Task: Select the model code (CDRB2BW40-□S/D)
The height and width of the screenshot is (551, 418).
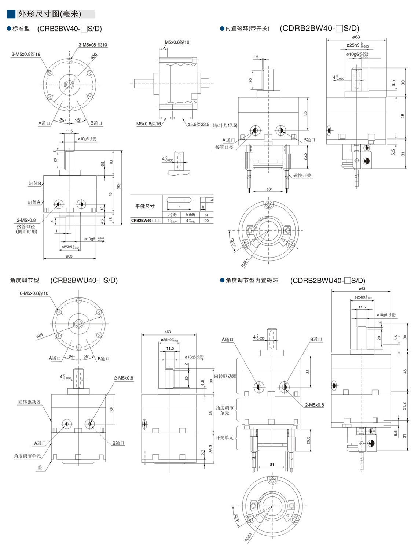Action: [x=319, y=28]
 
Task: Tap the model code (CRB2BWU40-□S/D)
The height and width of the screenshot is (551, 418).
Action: [x=84, y=280]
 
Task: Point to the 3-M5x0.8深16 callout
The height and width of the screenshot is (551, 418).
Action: [x=26, y=54]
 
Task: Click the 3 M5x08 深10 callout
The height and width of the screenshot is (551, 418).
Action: [x=93, y=45]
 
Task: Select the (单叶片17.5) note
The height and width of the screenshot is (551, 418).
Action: [x=225, y=125]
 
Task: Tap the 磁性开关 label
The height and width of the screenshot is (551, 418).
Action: [x=302, y=175]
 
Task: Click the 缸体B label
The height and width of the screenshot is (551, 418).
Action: [x=35, y=183]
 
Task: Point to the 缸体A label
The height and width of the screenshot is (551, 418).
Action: [x=34, y=202]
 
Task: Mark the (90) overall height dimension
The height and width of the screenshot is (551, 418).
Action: [x=118, y=186]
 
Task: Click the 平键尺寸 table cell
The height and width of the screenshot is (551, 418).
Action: [x=145, y=206]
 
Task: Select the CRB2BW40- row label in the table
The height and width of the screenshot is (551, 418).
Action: [x=146, y=221]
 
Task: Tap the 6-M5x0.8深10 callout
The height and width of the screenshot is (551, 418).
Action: [x=34, y=293]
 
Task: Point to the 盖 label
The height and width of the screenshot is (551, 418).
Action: [x=40, y=467]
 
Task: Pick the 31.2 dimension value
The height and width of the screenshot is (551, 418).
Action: [x=404, y=406]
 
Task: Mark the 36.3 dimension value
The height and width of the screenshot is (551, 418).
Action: [x=210, y=449]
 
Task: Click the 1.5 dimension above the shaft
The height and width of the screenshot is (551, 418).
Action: [x=256, y=57]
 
